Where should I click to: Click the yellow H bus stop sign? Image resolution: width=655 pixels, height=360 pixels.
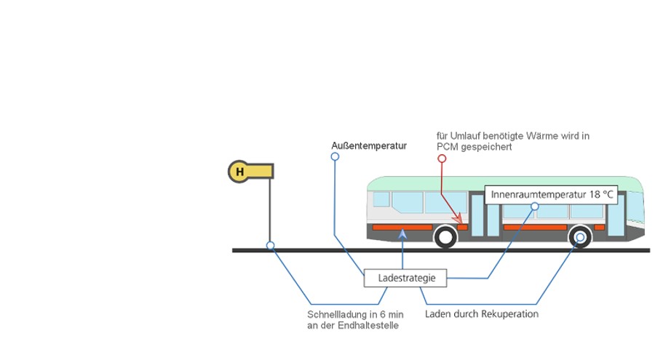pos(239,172)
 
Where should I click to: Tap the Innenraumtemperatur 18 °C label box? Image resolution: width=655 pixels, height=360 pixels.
pos(552,195)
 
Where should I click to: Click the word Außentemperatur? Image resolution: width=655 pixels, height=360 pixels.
pos(369,145)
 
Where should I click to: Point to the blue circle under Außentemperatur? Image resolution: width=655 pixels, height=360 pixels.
pos(336,156)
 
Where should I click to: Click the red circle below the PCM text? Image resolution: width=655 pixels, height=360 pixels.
pos(441,158)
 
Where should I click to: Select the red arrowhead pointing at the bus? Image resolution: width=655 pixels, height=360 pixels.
pos(458,220)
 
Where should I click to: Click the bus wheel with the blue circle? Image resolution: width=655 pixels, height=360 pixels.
pos(580,236)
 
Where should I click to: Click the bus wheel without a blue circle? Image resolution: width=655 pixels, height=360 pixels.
pos(445,236)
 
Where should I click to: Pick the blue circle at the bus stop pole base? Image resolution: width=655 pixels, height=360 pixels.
pos(270,246)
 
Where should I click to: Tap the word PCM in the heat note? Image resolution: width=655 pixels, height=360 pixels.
pos(446,146)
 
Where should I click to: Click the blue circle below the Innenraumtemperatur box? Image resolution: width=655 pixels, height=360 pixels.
pos(535,207)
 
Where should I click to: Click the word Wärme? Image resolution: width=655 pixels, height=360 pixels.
pos(546,135)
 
